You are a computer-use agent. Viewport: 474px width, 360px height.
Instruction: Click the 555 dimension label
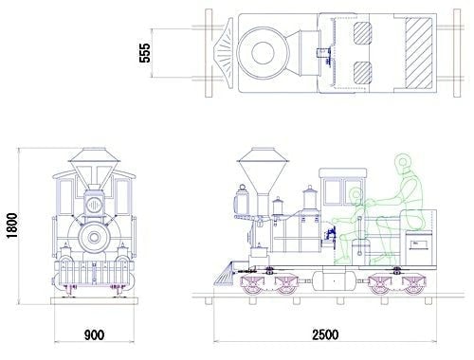coord(145,53)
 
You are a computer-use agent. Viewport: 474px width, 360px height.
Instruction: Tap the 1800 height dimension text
coord(12,225)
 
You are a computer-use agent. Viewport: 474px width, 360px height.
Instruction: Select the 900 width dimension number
coord(94,335)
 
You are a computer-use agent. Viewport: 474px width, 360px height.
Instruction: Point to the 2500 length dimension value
coord(325,334)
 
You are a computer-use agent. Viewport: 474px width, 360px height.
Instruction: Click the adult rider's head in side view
coord(402,162)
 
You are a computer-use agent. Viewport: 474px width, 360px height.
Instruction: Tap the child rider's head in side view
coord(356,195)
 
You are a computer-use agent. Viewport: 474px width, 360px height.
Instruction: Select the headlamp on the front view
coord(94,206)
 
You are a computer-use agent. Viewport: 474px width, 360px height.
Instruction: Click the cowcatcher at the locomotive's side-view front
coord(226,273)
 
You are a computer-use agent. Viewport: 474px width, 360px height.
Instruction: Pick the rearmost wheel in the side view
coord(413,285)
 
